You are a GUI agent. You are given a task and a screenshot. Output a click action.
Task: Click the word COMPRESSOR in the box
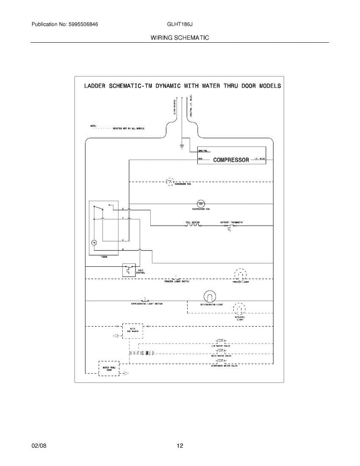click(x=231, y=160)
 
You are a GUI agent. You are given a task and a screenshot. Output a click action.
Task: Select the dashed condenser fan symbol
click(x=170, y=181)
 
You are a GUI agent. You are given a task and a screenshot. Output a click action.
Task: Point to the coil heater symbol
click(x=192, y=225)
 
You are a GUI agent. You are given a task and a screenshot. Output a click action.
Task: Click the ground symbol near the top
click(x=181, y=147)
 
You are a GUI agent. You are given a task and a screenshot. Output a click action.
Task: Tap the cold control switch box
click(x=128, y=270)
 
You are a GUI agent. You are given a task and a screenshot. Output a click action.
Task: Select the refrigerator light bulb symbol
click(x=209, y=297)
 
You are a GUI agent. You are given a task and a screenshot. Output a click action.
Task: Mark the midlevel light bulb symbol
click(x=239, y=309)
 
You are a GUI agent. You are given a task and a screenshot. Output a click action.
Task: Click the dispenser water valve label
click(x=224, y=366)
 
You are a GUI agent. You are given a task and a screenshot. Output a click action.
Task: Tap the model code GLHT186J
click(x=180, y=24)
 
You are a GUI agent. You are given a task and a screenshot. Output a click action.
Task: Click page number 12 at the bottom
click(x=180, y=446)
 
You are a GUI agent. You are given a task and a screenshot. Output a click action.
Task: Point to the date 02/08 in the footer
click(x=39, y=446)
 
